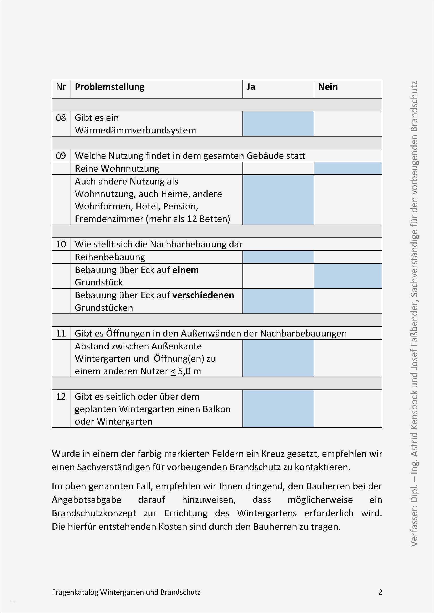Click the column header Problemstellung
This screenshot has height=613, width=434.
click(x=110, y=87)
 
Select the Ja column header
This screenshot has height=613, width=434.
click(x=251, y=87)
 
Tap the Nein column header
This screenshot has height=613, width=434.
click(x=328, y=87)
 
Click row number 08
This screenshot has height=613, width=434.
click(x=61, y=118)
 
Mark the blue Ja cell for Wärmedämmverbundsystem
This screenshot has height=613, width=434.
click(x=278, y=124)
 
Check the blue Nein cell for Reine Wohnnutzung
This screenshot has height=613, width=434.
click(x=348, y=169)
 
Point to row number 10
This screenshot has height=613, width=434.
click(x=61, y=244)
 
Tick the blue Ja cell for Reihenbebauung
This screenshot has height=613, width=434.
click(x=278, y=257)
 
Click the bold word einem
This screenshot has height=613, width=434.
click(x=186, y=270)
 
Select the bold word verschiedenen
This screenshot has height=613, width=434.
click(x=203, y=295)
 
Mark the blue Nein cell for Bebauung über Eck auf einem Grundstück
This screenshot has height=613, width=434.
click(x=348, y=276)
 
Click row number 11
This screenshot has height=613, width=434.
click(x=61, y=333)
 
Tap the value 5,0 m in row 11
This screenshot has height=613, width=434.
click(x=189, y=371)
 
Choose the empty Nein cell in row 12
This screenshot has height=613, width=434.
click(x=348, y=409)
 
